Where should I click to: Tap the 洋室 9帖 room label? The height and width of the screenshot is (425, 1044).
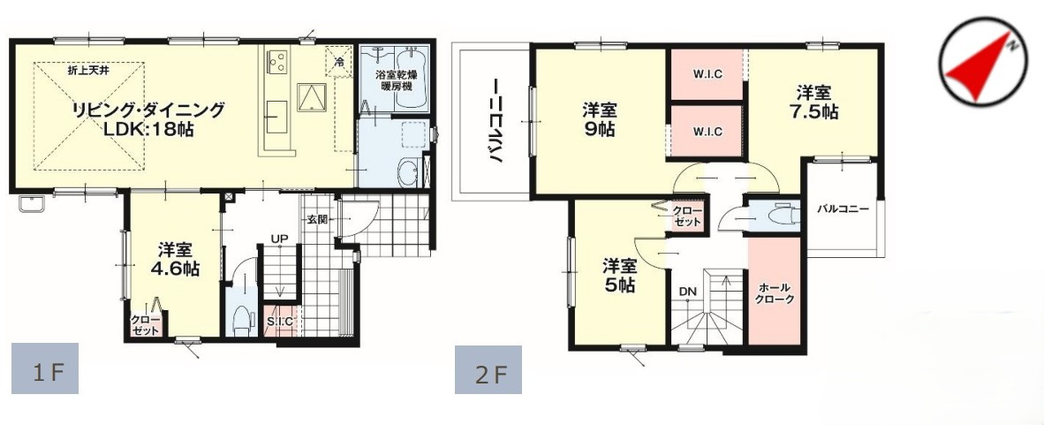[599, 119]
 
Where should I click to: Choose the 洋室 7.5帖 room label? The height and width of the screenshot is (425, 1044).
[814, 102]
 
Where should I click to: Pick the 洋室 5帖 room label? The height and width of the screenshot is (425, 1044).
[620, 275]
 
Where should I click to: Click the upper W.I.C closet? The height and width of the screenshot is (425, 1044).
[707, 75]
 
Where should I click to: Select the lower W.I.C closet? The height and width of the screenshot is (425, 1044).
[707, 132]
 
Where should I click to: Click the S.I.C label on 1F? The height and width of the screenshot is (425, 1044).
[280, 322]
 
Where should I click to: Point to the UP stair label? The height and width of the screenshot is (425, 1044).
[279, 239]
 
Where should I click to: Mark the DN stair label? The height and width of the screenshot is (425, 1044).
[687, 290]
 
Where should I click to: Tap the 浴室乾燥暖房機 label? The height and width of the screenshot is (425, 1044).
[396, 81]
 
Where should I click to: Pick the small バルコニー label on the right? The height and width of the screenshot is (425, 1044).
[842, 209]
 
